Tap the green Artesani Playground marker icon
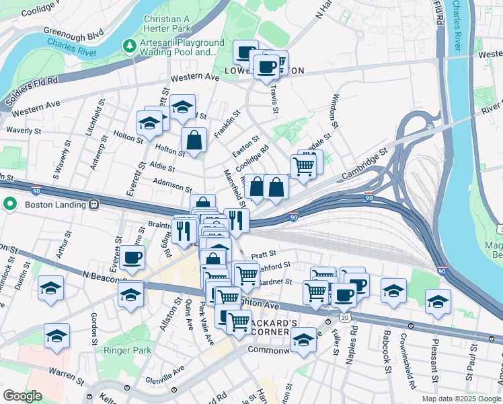[x=128, y=46]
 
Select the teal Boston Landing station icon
[x=9, y=203]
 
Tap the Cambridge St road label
[x=364, y=160]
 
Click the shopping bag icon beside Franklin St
[x=194, y=141]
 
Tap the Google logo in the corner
[x=22, y=396]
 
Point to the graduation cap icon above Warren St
[x=56, y=335]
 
